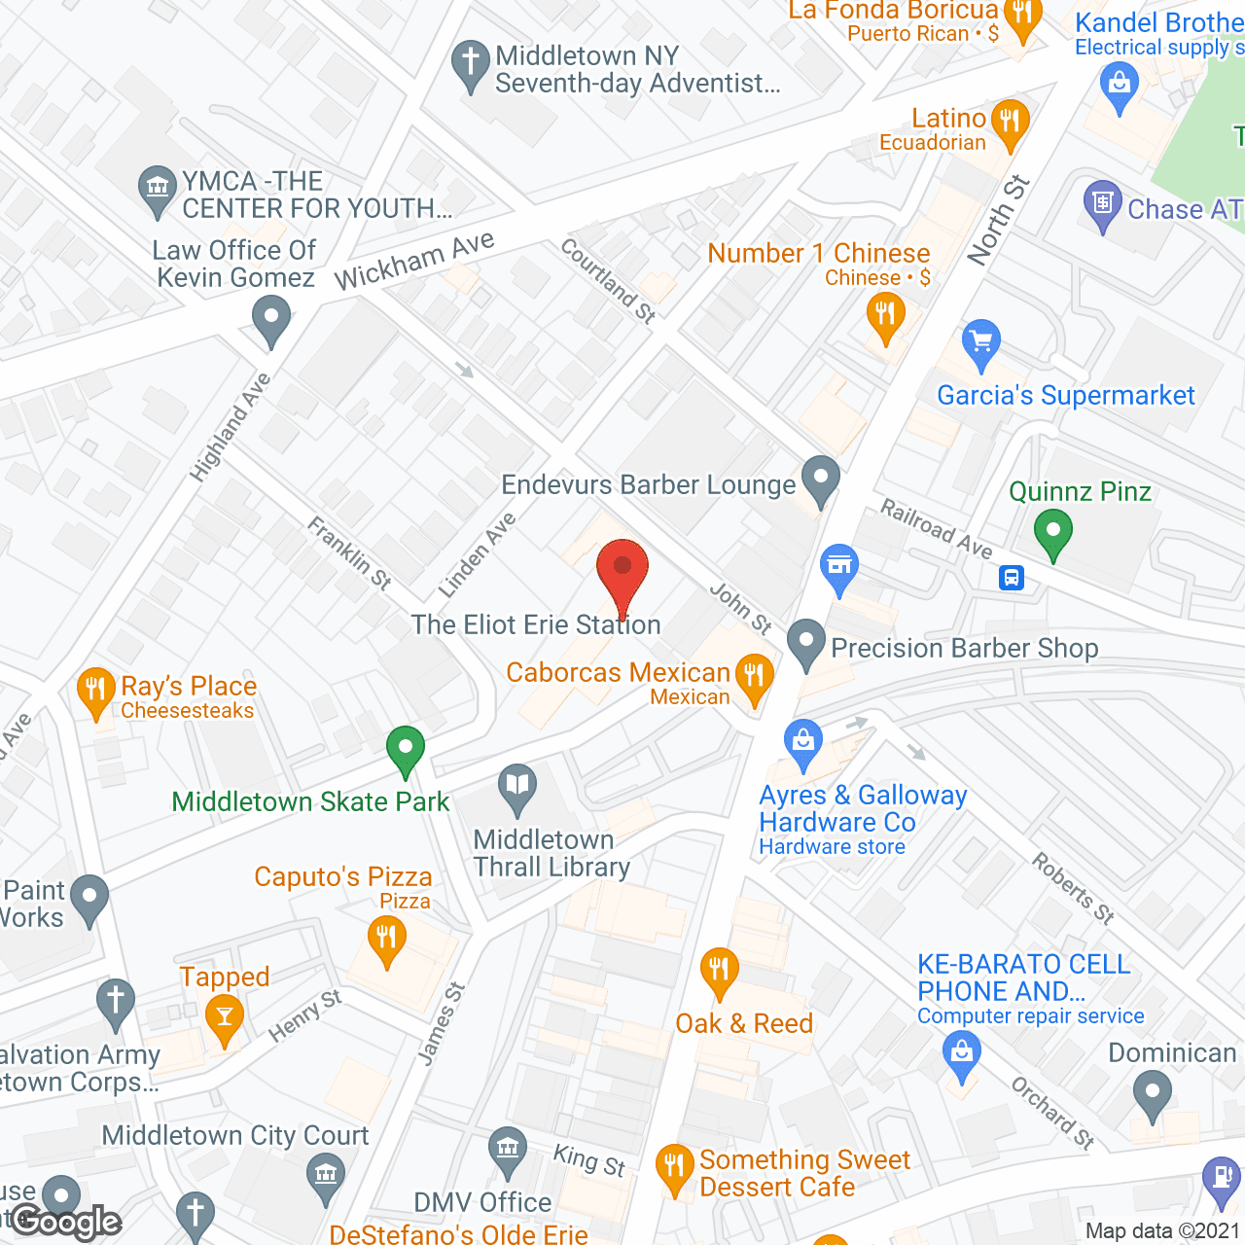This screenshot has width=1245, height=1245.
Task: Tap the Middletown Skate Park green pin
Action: pos(406,751)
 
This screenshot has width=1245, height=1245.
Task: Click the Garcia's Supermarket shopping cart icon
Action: pos(980,343)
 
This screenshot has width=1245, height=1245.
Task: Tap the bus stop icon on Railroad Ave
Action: pos(1012,579)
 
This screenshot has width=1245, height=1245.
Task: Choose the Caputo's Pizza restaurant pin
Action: pos(387,940)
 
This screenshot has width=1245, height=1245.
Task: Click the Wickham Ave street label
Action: pos(414,261)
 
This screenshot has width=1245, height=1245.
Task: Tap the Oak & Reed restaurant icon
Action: pos(719,971)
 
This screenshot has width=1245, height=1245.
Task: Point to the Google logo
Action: pos(66,1222)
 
